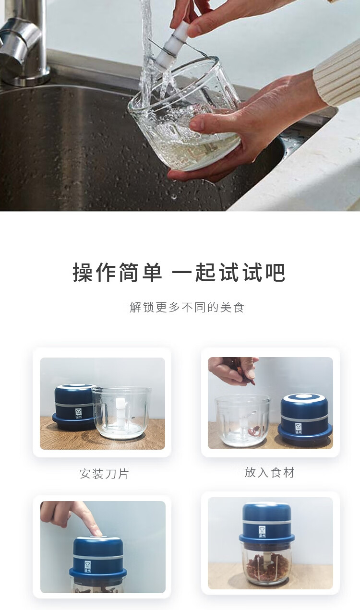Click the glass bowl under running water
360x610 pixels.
coord(185,114)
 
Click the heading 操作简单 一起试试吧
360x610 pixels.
coord(179,272)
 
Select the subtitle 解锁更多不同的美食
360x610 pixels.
coord(187,308)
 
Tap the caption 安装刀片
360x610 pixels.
coord(104,474)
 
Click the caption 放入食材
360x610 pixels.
coord(269,472)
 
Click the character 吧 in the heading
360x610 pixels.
coord(276,272)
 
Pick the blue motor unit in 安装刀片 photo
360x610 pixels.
coord(74,407)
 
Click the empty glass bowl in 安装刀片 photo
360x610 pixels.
coord(121,413)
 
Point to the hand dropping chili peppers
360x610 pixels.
coord(233,371)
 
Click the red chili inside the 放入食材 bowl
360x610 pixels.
coord(254,431)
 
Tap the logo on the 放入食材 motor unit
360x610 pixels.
coord(299,429)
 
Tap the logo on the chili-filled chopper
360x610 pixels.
coord(262,532)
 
